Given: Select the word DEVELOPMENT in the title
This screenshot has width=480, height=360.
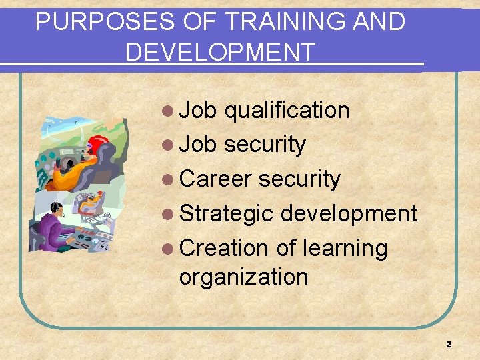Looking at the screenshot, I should coord(220,52).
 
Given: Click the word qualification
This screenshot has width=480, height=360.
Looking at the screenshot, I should coord(287,110).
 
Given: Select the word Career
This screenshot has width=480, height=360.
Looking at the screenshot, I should coord(215,179).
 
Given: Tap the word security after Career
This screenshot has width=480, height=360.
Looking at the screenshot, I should coord(299,179).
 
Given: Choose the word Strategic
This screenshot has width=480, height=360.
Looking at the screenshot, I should coord(227,213).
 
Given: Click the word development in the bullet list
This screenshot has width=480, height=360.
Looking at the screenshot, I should coord(349,213).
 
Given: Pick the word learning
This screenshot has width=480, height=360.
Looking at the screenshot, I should coord(345,248).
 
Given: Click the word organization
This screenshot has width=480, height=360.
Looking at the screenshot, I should coord(243,277).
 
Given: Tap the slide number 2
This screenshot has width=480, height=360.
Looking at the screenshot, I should coord(449,345).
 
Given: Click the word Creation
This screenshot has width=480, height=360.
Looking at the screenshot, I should coord(223,248).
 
